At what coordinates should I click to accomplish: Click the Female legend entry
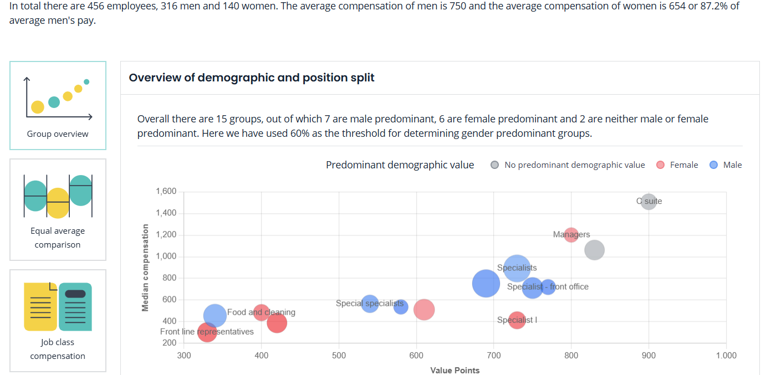click(x=677, y=165)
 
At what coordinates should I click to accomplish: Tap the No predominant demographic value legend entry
click(x=568, y=165)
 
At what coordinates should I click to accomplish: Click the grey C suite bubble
click(x=648, y=202)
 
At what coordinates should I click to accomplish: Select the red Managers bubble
click(x=571, y=235)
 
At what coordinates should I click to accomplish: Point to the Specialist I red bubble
click(x=517, y=320)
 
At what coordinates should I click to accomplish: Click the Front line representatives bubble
click(x=207, y=332)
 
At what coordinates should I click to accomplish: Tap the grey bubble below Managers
click(x=594, y=250)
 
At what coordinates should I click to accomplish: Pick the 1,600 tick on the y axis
click(x=166, y=192)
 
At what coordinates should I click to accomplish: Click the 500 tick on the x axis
click(x=339, y=356)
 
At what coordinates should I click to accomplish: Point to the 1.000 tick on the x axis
click(x=726, y=356)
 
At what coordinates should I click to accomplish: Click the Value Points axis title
click(x=455, y=370)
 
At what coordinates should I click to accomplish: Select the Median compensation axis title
click(x=146, y=267)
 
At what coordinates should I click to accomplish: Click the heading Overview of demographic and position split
click(x=252, y=78)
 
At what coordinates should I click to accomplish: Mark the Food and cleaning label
click(x=261, y=312)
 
